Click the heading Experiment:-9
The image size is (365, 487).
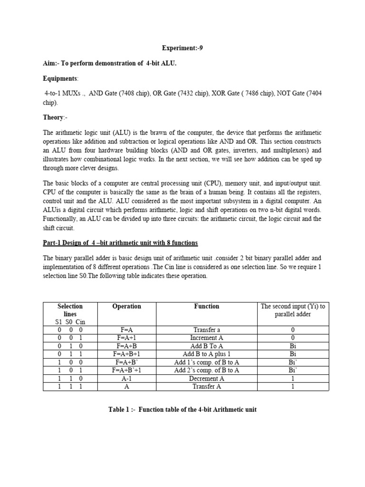tap(182, 48)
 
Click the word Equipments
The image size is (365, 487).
tap(60, 78)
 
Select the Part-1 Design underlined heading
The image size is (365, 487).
tap(120, 243)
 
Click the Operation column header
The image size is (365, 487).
tap(126, 306)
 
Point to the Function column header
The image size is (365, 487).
tap(207, 306)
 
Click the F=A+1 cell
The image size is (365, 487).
tap(126, 338)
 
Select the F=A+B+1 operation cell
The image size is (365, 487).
tap(126, 354)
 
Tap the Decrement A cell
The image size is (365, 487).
tap(207, 379)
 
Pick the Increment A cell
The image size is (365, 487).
tap(207, 338)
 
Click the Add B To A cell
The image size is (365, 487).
tap(207, 346)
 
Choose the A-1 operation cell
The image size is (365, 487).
tap(126, 379)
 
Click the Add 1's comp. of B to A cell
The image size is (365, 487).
tap(207, 362)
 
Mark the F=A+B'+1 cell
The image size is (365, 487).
tap(126, 370)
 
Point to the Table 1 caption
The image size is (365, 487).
tap(182, 409)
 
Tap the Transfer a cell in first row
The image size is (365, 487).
tap(207, 330)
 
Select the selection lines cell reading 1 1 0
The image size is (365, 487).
tap(70, 379)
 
